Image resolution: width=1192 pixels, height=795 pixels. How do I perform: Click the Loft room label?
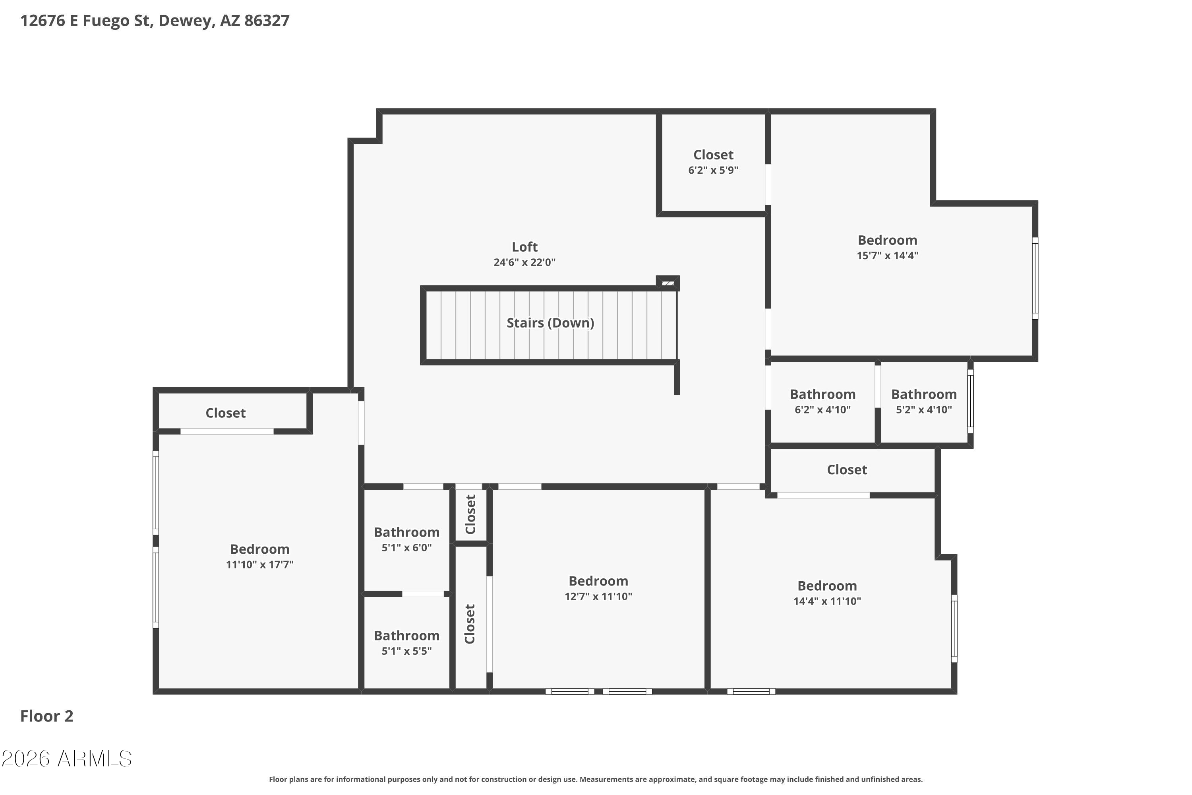pyautogui.click(x=524, y=247)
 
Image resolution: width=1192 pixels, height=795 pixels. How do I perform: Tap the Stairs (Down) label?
pyautogui.click(x=550, y=323)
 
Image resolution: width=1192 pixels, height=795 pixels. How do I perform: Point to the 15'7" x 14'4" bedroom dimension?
pyautogui.click(x=887, y=256)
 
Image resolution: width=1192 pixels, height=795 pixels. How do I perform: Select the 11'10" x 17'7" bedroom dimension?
pyautogui.click(x=259, y=565)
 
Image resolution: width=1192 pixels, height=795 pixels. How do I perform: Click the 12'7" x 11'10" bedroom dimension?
pyautogui.click(x=598, y=597)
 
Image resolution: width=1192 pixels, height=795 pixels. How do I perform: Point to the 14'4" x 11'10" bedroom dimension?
pyautogui.click(x=827, y=601)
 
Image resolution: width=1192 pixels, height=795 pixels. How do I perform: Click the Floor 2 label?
pyautogui.click(x=46, y=716)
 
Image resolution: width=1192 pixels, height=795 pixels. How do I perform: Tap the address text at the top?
pyautogui.click(x=155, y=21)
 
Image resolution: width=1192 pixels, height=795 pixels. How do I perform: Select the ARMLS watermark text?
pyautogui.click(x=66, y=758)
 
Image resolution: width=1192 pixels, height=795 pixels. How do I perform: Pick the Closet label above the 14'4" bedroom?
pyautogui.click(x=847, y=470)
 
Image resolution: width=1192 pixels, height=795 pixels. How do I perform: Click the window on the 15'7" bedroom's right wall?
pyautogui.click(x=1035, y=278)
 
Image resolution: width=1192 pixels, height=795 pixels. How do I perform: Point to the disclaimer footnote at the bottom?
pyautogui.click(x=596, y=779)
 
